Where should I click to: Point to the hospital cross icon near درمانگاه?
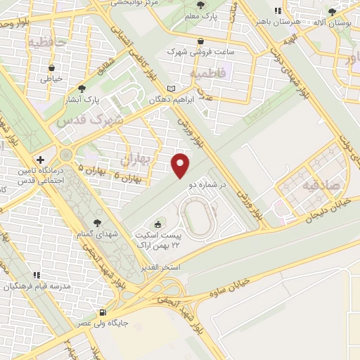[x=41, y=160]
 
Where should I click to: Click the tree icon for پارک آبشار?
[x=82, y=89]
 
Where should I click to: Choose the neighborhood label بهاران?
[x=136, y=160]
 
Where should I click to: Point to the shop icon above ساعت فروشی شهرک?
[x=202, y=41]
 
